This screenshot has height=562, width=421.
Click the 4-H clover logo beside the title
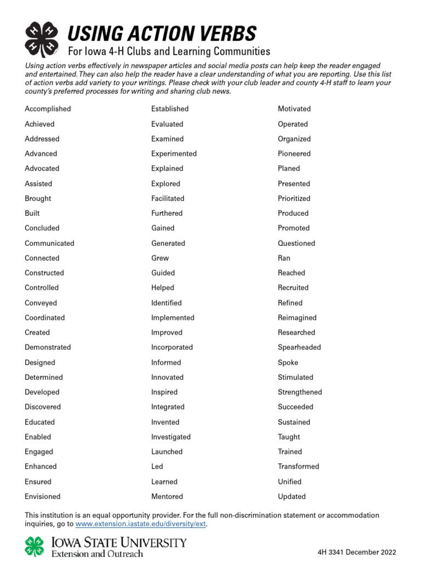point(42,40)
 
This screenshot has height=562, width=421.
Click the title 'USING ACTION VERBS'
point(162,34)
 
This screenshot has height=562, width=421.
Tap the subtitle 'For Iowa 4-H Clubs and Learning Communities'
point(169,52)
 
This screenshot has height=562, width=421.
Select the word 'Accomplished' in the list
point(48,109)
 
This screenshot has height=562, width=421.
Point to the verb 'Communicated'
point(49,243)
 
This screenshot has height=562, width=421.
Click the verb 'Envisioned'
point(43,497)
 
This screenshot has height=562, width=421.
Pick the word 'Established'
point(170,109)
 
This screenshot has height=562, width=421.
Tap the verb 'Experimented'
point(174,154)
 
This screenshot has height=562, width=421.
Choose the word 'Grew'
point(160,258)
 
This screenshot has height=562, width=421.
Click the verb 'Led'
point(157,467)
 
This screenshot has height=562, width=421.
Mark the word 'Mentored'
point(167,497)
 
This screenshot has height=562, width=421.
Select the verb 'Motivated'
point(294,109)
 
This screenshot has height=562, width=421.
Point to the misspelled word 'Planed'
point(289,168)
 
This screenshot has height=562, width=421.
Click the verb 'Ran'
point(284,258)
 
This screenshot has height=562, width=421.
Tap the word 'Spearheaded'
point(299,347)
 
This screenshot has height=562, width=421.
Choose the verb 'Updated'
point(292,497)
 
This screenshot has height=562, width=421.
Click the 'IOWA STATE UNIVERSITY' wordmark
point(118,543)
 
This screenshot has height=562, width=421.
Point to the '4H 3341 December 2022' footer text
point(357,553)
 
